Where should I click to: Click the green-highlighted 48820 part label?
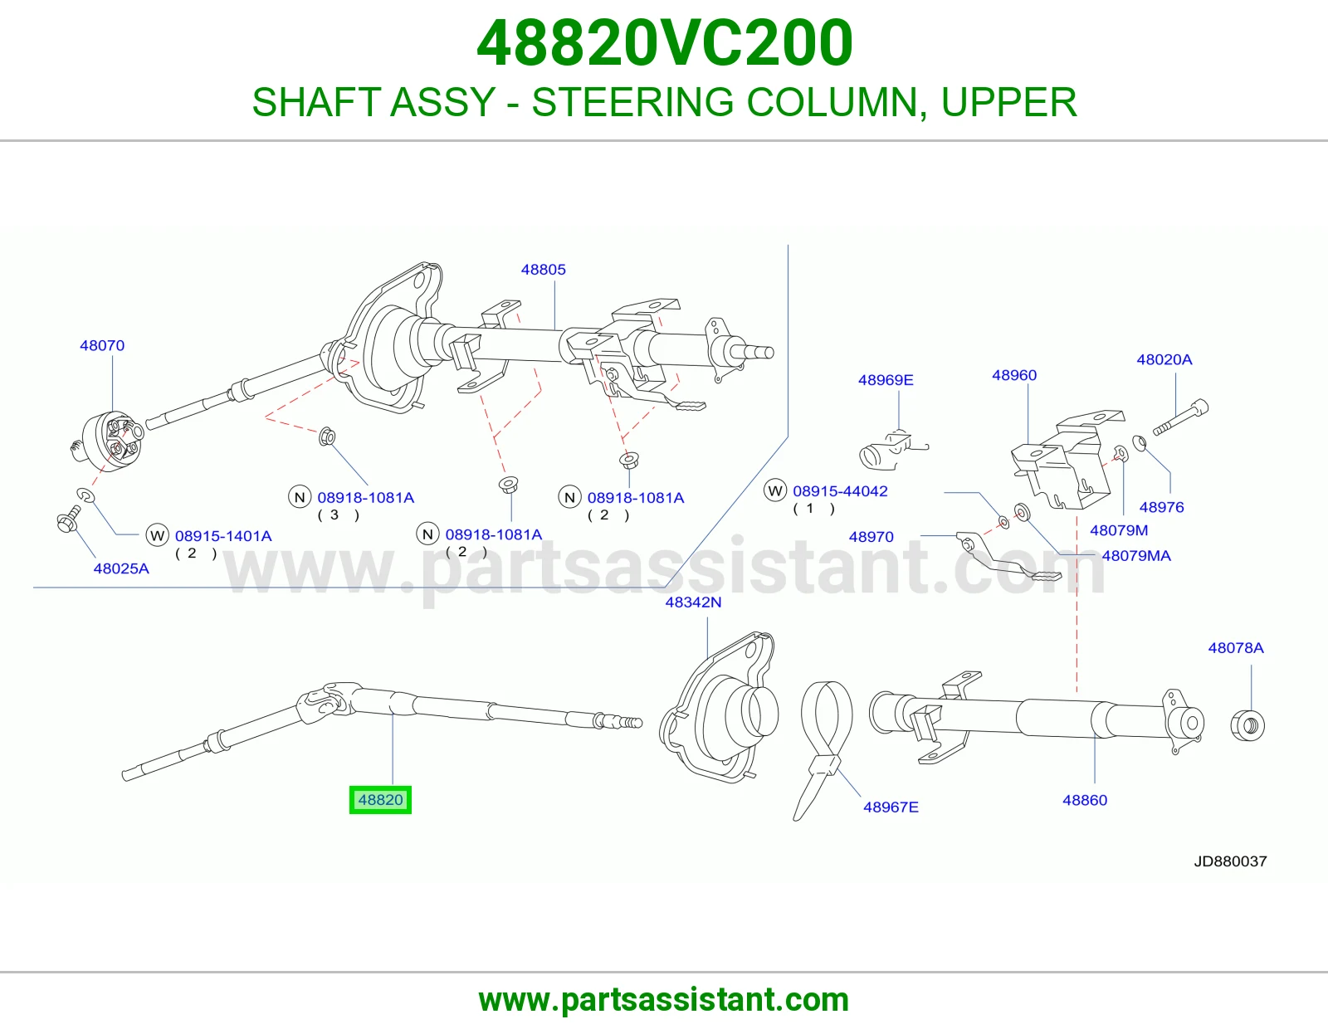380,800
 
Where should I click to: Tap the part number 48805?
544,270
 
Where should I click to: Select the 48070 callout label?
102,345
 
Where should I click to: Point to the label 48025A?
121,568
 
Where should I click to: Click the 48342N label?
693,602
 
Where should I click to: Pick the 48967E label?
891,807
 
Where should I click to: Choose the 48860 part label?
1085,800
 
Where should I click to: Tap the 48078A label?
1236,648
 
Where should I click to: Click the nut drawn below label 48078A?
1247,726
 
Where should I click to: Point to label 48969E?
886,380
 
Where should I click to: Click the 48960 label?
1014,375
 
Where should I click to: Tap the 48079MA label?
1136,555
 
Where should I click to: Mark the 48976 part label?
1162,507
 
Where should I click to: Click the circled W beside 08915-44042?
775,490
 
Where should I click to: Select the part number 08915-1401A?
223,536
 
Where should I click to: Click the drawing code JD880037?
1230,861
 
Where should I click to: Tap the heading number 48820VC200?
664,43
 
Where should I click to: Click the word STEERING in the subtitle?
632,102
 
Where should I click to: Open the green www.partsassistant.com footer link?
664,1000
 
